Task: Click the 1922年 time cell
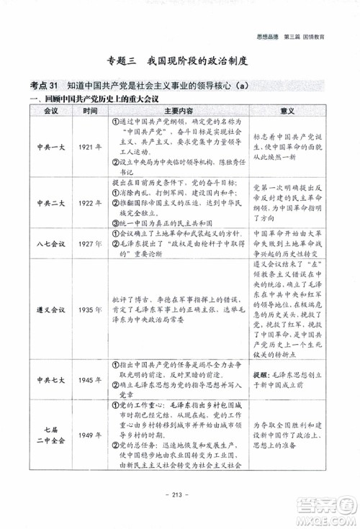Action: (x=91, y=203)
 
